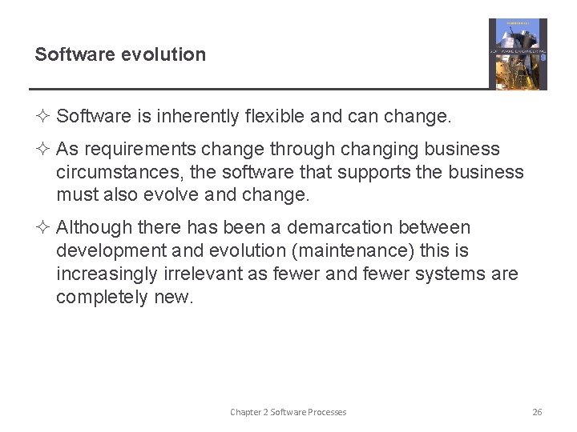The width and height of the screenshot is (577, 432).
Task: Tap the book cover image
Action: (518, 54)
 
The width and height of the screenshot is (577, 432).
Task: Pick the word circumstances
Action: (113, 173)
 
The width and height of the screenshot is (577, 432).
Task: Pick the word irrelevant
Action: (204, 274)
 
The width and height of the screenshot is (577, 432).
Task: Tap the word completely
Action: (103, 298)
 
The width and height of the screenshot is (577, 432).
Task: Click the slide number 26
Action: (537, 412)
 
